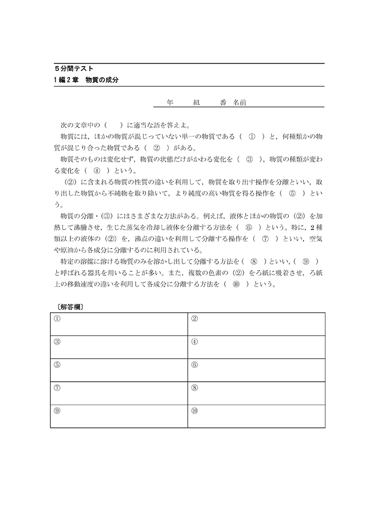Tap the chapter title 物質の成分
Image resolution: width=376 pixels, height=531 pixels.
tap(102, 80)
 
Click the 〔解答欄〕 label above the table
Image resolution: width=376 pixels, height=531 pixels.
tap(67, 307)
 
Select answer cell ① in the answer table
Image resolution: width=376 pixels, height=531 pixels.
tap(119, 324)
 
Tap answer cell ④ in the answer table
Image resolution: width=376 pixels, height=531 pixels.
tap(256, 347)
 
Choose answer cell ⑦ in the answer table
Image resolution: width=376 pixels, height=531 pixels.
tap(119, 393)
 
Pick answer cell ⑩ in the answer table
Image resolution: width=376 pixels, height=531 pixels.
tap(256, 416)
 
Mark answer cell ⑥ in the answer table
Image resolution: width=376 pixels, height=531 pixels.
tap(256, 370)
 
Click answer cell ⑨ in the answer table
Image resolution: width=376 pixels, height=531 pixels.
tap(119, 416)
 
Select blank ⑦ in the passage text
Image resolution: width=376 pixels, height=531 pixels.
tap(266, 239)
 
